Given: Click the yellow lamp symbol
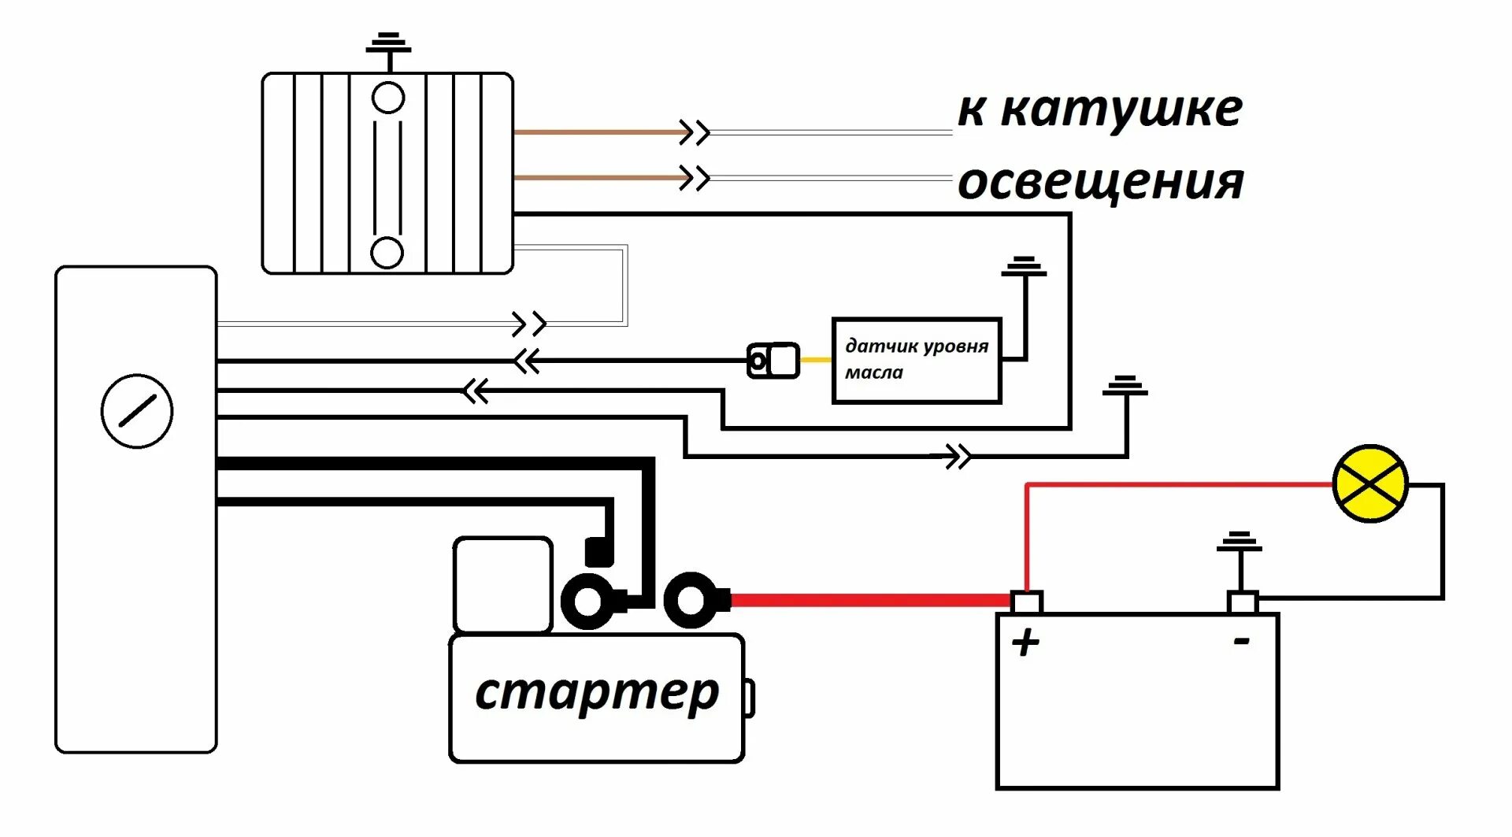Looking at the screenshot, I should coord(1369,483).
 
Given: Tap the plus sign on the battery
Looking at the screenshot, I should coord(1025,643).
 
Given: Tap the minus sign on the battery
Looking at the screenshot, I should coord(1241,642).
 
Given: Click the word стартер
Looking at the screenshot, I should coord(597,693).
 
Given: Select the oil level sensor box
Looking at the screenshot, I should coord(916,361).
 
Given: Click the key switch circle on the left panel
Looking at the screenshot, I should coord(137,411).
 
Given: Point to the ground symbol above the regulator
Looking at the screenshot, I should coord(388,43).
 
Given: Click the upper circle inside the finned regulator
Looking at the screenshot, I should coord(387,98).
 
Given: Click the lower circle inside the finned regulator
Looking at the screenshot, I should coord(387,252).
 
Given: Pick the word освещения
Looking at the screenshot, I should coord(1100,183).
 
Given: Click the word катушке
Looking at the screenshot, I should coord(1121,109).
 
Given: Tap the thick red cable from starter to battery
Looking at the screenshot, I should coord(866,601).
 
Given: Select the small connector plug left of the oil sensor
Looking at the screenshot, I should coord(773,361).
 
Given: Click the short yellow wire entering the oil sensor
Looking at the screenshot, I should coord(816,360).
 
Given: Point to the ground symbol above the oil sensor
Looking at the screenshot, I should coord(1024,266).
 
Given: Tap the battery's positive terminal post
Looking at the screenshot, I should coord(1026,602).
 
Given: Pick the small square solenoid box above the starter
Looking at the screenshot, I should coord(502,584).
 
